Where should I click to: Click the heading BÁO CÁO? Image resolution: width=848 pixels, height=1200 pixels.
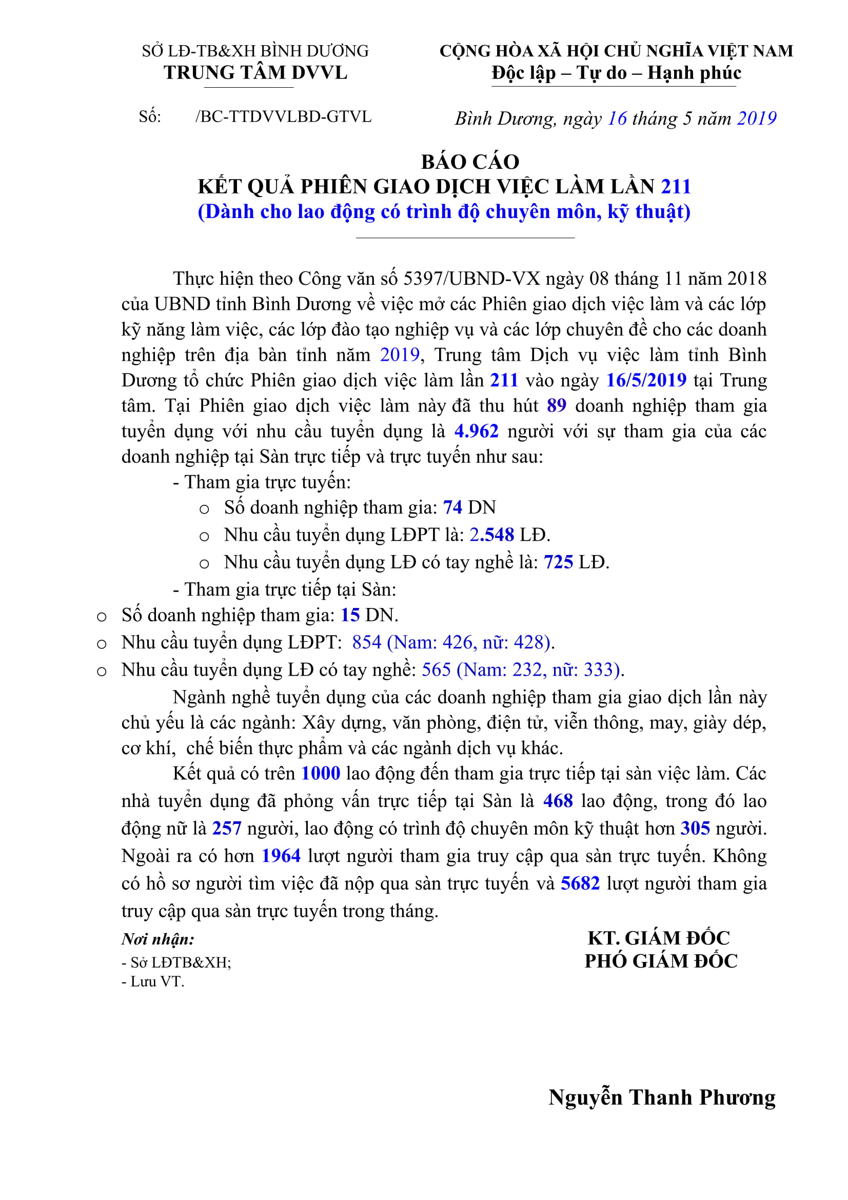(x=470, y=162)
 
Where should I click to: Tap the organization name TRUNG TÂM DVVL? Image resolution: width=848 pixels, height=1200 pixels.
(x=255, y=73)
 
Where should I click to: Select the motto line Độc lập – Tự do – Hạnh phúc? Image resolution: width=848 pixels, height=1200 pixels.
(x=616, y=73)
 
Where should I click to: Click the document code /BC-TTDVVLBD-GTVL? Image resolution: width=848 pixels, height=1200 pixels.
(x=283, y=116)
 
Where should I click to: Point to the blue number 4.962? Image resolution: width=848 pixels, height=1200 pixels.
(x=476, y=431)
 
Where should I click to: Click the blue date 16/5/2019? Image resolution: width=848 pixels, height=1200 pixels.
(x=646, y=380)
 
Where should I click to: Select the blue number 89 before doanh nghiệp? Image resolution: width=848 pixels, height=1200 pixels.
(x=557, y=406)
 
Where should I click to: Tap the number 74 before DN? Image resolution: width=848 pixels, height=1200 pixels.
(x=452, y=507)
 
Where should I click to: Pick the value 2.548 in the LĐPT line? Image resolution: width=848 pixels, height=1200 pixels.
(x=491, y=534)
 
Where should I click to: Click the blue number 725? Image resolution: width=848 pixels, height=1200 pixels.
(x=558, y=562)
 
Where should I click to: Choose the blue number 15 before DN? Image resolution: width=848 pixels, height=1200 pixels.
(x=350, y=615)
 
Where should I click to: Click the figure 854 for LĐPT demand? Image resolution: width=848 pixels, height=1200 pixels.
(x=367, y=642)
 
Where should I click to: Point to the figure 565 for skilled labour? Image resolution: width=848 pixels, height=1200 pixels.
(x=436, y=670)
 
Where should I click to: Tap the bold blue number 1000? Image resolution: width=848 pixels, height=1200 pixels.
(x=321, y=773)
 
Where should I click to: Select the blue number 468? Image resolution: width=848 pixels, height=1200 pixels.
(x=558, y=801)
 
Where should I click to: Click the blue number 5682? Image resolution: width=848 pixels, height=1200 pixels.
(x=580, y=883)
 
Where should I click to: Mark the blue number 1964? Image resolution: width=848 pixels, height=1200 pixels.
(x=281, y=856)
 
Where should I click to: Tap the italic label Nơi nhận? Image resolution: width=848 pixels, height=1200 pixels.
(x=158, y=939)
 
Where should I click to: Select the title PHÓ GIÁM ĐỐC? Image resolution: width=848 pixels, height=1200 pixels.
(x=660, y=960)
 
